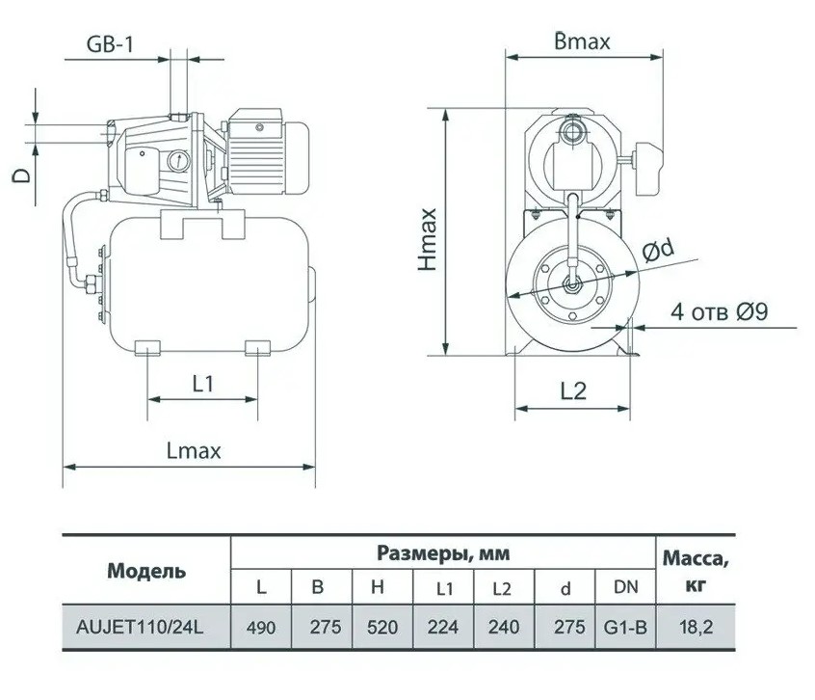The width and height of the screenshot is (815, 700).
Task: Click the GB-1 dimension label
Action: [x=110, y=44]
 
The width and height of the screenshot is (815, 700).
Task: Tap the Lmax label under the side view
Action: [x=194, y=451]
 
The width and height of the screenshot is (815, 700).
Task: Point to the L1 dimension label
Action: [x=202, y=385]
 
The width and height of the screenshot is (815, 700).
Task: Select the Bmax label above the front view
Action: [x=582, y=41]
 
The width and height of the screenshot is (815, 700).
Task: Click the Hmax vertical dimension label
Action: [x=428, y=240]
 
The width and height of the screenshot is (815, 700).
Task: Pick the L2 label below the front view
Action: [x=573, y=391]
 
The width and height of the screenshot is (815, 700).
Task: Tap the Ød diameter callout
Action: [x=658, y=250]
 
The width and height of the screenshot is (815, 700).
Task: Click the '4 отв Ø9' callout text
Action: [x=720, y=311]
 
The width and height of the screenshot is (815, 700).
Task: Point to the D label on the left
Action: [x=22, y=175]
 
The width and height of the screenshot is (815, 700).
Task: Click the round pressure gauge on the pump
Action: [x=179, y=161]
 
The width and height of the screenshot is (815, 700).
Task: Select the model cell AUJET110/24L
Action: [x=140, y=627]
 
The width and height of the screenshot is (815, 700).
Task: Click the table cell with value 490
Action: [x=261, y=628]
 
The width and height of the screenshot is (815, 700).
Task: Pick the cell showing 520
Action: [x=382, y=627]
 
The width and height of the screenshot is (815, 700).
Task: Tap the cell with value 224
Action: [x=443, y=627]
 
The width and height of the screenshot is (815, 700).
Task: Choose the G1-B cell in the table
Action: [x=625, y=628]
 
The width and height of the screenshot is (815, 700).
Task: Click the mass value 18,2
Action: [x=696, y=627]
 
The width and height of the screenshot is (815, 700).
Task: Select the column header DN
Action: [x=625, y=587]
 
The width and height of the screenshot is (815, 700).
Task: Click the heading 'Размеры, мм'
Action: [x=443, y=553]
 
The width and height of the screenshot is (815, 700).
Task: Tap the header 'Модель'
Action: [x=146, y=572]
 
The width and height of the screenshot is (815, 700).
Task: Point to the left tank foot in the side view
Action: [x=148, y=348]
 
